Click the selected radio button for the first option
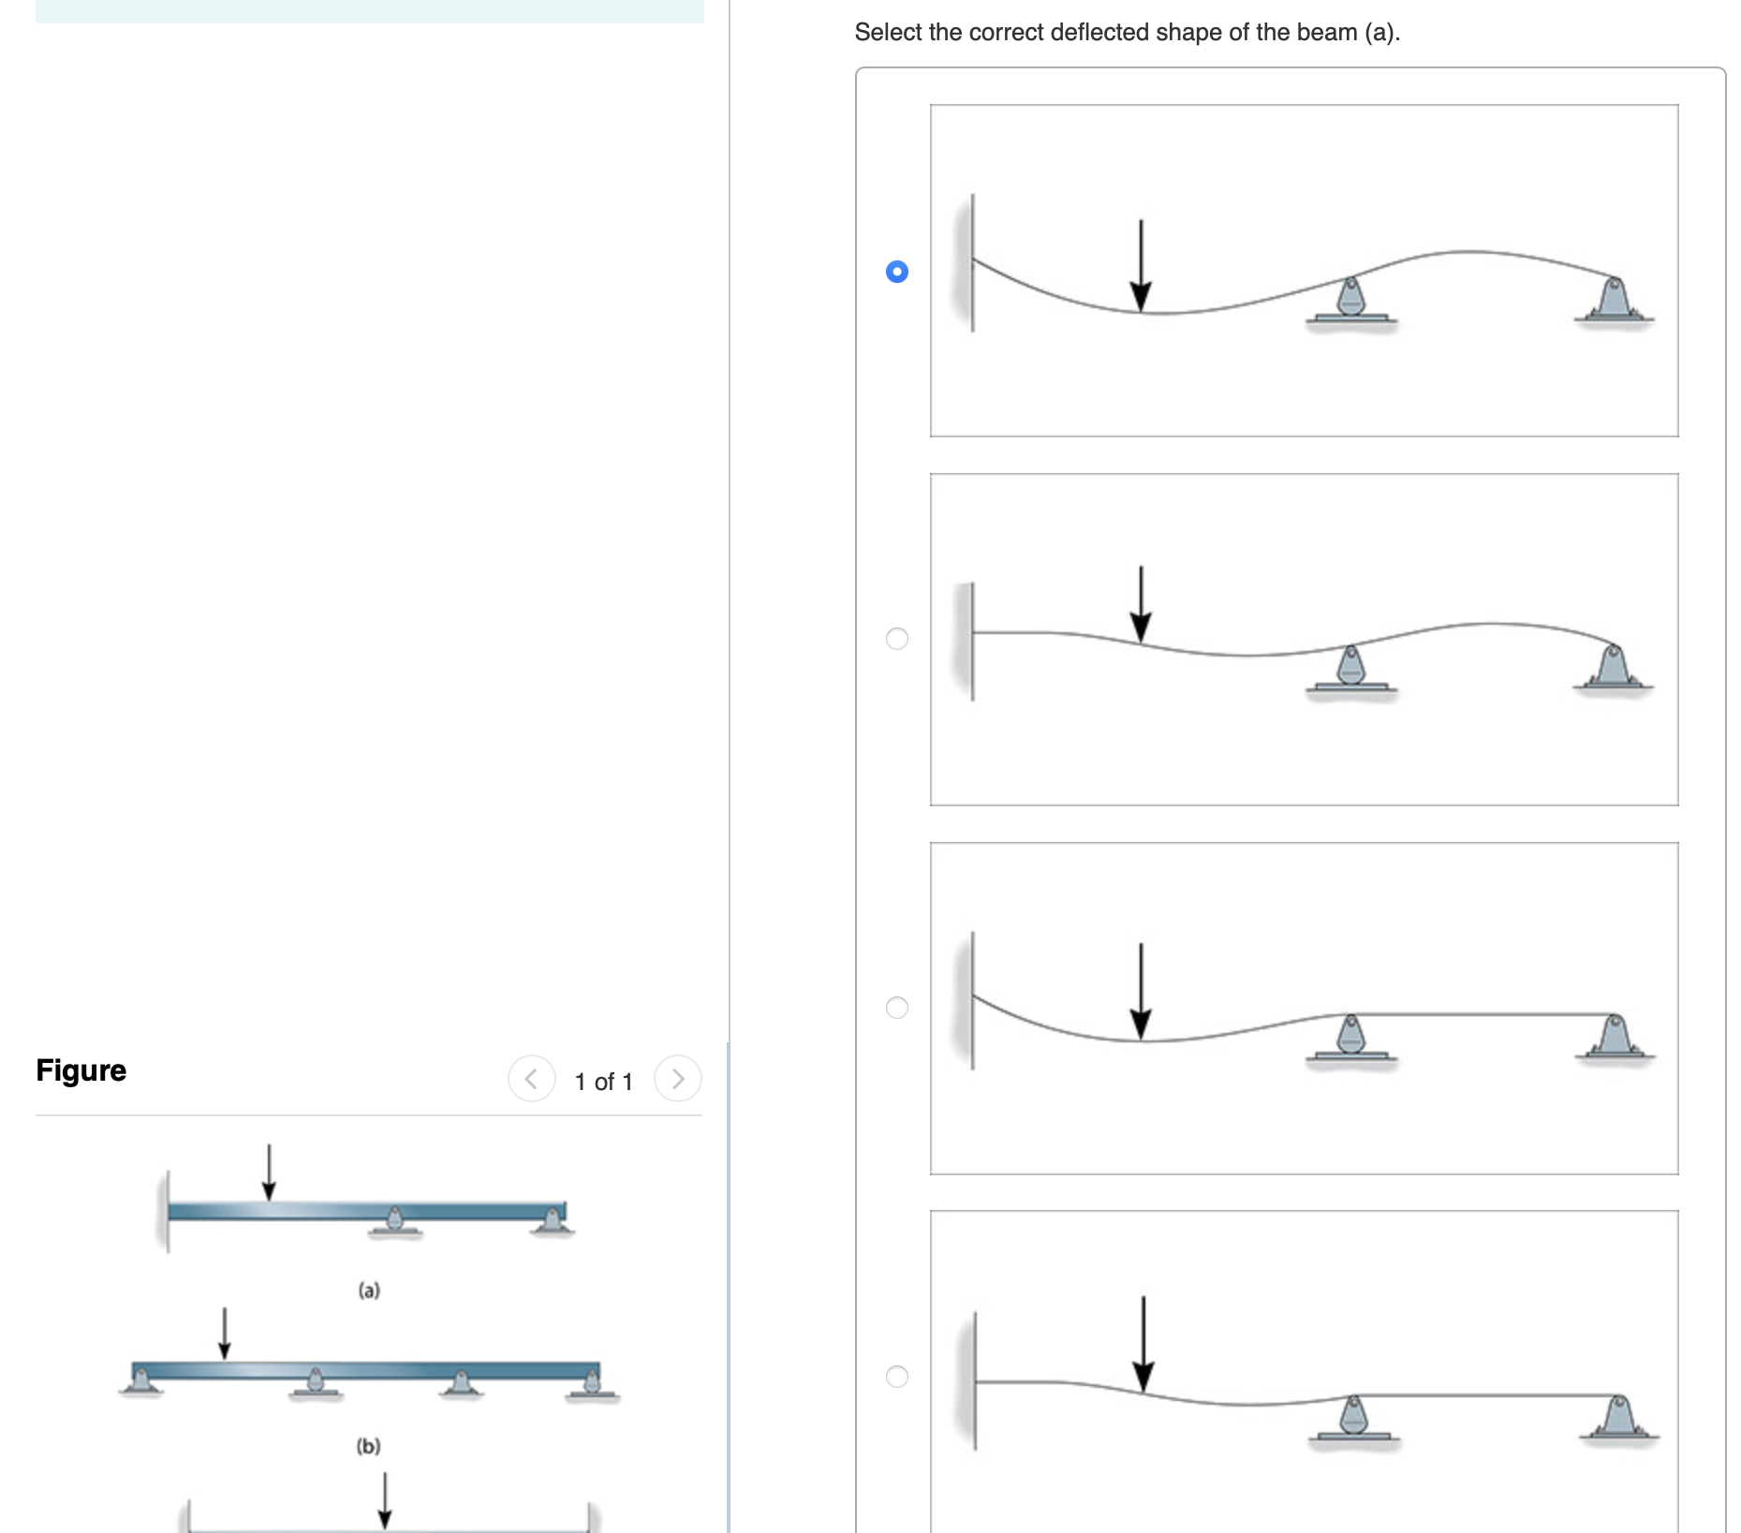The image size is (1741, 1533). click(896, 272)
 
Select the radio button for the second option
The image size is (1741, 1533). click(896, 639)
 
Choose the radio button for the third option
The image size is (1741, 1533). click(896, 1008)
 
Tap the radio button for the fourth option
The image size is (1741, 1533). click(896, 1376)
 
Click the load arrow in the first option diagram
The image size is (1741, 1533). click(1140, 267)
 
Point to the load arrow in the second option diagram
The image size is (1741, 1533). click(1140, 604)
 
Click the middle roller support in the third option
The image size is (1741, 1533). click(1350, 1038)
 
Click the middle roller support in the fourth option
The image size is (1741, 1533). click(1352, 1418)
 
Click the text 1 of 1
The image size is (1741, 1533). click(603, 1082)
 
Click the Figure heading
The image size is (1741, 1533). click(81, 1069)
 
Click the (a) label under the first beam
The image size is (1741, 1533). click(369, 1290)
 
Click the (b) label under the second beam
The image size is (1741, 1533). click(368, 1446)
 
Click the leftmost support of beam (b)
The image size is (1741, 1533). click(141, 1381)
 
